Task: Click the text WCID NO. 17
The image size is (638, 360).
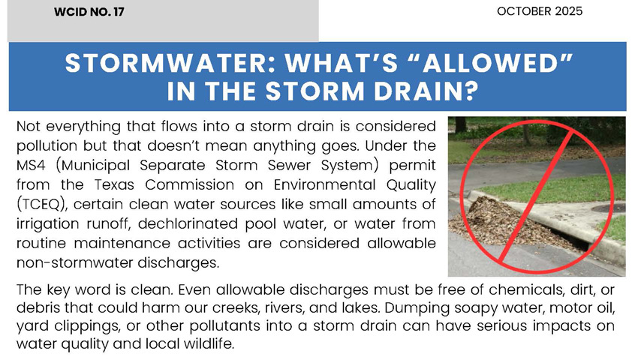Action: [89, 11]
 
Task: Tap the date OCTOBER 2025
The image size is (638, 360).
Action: [540, 11]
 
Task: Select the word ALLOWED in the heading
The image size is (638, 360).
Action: [497, 63]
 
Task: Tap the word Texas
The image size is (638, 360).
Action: [114, 184]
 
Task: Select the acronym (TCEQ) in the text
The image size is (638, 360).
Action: [41, 204]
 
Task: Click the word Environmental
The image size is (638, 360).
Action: [324, 184]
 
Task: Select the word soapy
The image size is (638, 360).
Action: [475, 308]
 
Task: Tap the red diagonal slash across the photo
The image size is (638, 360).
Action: [536, 196]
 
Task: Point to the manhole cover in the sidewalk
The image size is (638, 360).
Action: [607, 208]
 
